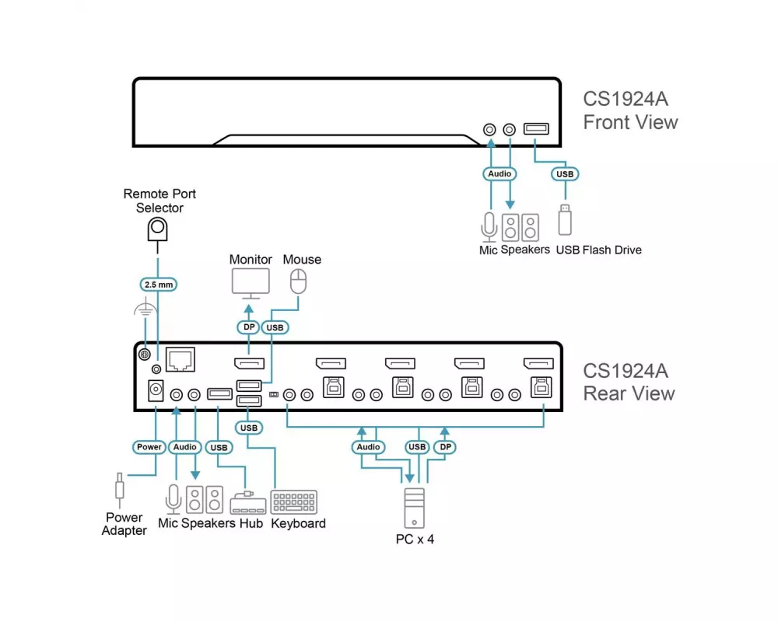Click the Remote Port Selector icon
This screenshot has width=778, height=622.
click(158, 230)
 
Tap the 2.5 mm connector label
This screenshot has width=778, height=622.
click(159, 285)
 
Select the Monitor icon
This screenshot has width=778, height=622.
click(251, 284)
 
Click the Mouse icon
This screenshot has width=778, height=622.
click(298, 281)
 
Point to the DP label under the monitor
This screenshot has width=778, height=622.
click(249, 327)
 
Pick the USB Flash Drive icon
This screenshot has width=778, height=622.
click(565, 220)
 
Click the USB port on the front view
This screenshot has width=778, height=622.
click(536, 129)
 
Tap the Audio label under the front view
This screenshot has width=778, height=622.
click(499, 173)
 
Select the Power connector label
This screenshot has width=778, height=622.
click(149, 447)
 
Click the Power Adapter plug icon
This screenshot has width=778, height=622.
click(120, 488)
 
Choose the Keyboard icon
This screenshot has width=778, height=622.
click(294, 502)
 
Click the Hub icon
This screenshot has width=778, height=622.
click(248, 503)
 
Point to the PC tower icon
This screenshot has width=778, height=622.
click(415, 508)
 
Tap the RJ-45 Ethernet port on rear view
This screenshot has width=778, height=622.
click(180, 359)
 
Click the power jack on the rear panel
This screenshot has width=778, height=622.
click(156, 391)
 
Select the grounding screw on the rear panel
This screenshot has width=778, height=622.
click(145, 355)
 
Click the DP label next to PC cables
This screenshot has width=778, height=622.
click(446, 447)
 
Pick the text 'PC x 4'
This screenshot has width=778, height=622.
click(415, 539)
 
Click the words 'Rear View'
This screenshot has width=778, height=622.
click(629, 393)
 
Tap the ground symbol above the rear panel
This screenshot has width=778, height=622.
click(145, 309)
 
